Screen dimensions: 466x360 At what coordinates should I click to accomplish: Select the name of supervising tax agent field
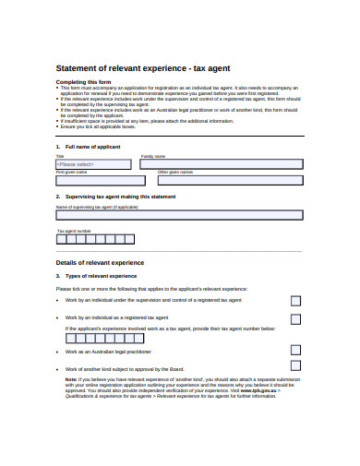pos(179,214)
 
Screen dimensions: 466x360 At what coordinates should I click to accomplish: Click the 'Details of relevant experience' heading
pos(101,262)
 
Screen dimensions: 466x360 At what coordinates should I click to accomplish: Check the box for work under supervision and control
pos(295,301)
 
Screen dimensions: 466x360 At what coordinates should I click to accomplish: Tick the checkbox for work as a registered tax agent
pos(295,319)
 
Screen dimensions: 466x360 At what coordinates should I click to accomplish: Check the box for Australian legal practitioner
pos(295,350)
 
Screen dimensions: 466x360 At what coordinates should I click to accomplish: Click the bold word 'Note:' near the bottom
pos(71,378)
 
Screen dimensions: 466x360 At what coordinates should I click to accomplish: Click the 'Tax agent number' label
pos(74,230)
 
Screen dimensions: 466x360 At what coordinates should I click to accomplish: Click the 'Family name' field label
pos(153,156)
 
